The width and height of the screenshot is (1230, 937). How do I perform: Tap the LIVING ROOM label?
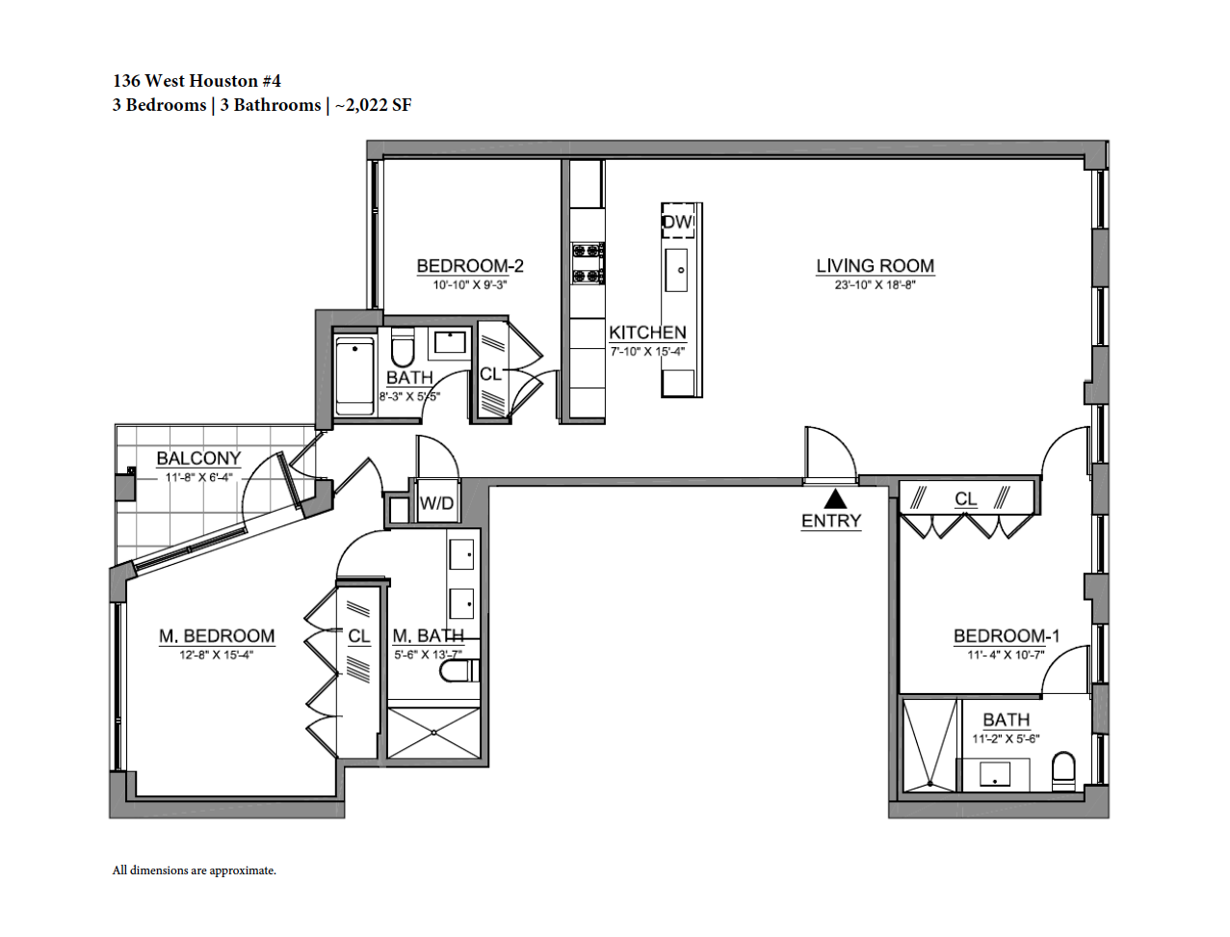[875, 266]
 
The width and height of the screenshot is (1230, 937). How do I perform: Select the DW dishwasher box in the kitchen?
[678, 222]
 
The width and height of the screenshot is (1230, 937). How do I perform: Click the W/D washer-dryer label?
[436, 503]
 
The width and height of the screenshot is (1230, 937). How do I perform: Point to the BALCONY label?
[198, 458]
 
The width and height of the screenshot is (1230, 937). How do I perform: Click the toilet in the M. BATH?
[459, 671]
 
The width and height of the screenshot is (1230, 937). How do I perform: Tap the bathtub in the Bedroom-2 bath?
[354, 375]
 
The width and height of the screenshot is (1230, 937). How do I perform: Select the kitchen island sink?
[676, 270]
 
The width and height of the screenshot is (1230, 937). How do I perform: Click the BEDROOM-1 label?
[1007, 636]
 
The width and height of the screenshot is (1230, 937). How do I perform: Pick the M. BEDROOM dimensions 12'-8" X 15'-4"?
[217, 655]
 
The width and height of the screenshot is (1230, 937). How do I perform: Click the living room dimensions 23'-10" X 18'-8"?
[875, 284]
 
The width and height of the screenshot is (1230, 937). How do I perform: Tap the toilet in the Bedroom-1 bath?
[1063, 771]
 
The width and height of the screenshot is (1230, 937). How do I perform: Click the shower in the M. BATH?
[434, 733]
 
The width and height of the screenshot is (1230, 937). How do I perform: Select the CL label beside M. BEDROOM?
[358, 636]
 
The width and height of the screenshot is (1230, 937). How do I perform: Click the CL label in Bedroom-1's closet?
[965, 498]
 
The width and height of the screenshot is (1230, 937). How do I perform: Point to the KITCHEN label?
[647, 333]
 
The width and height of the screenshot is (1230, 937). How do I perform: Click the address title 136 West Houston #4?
[196, 81]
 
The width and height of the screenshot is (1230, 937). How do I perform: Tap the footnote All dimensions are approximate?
[194, 870]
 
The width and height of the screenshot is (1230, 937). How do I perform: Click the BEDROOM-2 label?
[470, 266]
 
